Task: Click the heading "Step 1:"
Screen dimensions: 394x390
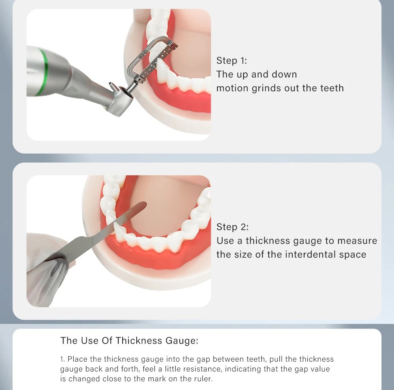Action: [x=231, y=61]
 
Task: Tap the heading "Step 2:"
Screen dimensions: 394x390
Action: [x=232, y=227]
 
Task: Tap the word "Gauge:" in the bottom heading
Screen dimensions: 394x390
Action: [x=182, y=341]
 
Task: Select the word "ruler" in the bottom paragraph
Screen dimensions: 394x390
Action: [x=206, y=379]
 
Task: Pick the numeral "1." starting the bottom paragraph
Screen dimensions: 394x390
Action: [x=63, y=359]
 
